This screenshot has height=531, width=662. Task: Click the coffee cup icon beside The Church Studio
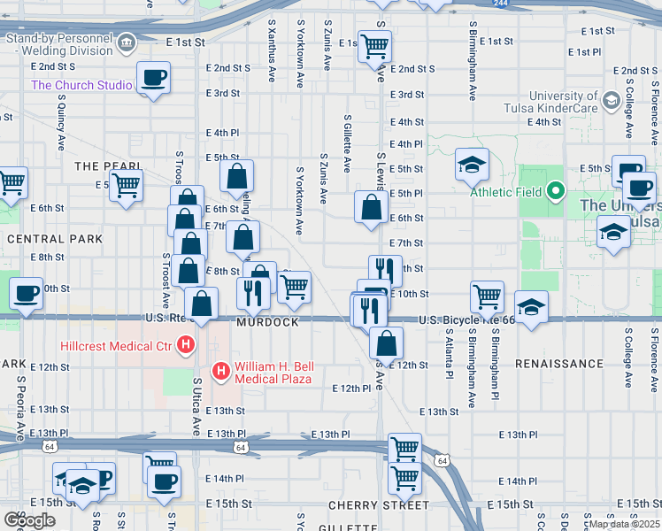pyautogui.click(x=153, y=78)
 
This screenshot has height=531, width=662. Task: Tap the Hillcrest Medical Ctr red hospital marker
pyautogui.click(x=186, y=345)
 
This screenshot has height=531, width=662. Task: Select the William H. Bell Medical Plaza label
pyautogui.click(x=273, y=373)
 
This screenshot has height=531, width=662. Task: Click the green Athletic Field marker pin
pyautogui.click(x=555, y=191)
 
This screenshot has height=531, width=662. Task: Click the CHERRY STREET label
pyautogui.click(x=379, y=505)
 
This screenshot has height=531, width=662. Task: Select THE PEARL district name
pyautogui.click(x=108, y=166)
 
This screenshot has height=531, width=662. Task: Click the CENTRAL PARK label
pyautogui.click(x=55, y=239)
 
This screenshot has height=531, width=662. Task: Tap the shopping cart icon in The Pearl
pyautogui.click(x=127, y=186)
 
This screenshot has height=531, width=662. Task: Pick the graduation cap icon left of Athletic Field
pyautogui.click(x=473, y=164)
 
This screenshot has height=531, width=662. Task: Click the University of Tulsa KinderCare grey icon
pyautogui.click(x=610, y=101)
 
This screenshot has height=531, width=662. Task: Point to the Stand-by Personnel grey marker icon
pyautogui.click(x=127, y=41)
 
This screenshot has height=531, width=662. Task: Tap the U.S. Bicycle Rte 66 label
pyautogui.click(x=466, y=319)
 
